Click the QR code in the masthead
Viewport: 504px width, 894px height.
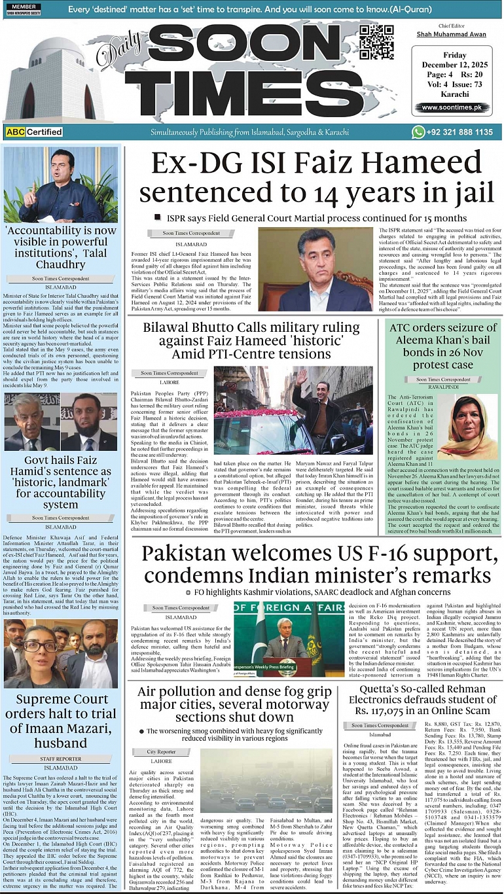point(376,43)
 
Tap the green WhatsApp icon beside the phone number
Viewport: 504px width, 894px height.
point(418,132)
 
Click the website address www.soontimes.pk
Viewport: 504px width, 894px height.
point(456,107)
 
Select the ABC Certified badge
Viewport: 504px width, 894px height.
point(34,132)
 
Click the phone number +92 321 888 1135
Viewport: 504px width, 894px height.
point(461,132)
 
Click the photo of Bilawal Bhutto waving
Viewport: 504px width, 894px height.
point(293,410)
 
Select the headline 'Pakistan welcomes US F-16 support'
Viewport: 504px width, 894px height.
point(316,563)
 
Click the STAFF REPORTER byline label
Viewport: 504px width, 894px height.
point(61,759)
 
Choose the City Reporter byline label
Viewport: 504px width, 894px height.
point(161,752)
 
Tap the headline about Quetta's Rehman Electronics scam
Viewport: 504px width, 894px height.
point(423,701)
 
